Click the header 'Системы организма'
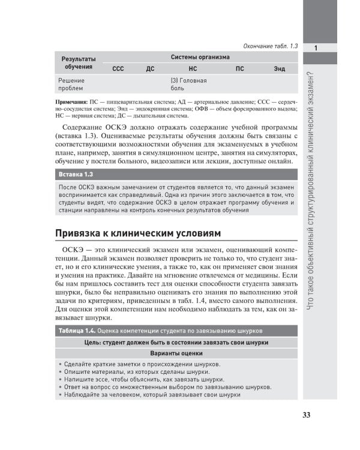click(x=200, y=57)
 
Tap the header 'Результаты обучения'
click(x=79, y=62)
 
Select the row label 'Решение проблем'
click(x=71, y=85)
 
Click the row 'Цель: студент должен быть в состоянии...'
click(x=176, y=342)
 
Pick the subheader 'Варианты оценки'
click(x=176, y=353)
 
